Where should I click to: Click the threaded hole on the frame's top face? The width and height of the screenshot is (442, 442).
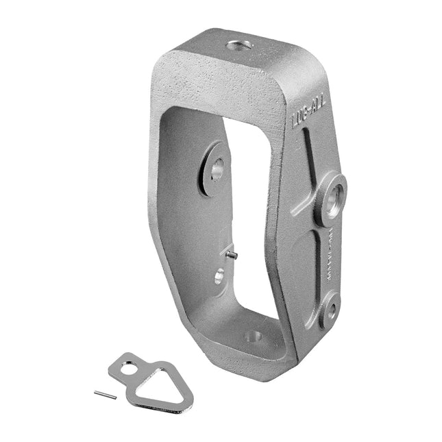pos(238,47)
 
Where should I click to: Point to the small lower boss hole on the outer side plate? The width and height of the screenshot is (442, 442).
pos(331,310)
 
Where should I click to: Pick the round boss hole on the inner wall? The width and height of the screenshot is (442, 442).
pos(217,167)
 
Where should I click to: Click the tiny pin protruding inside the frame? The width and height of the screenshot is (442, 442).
pos(232,255)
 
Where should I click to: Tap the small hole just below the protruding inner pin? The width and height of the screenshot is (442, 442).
pos(219,276)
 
